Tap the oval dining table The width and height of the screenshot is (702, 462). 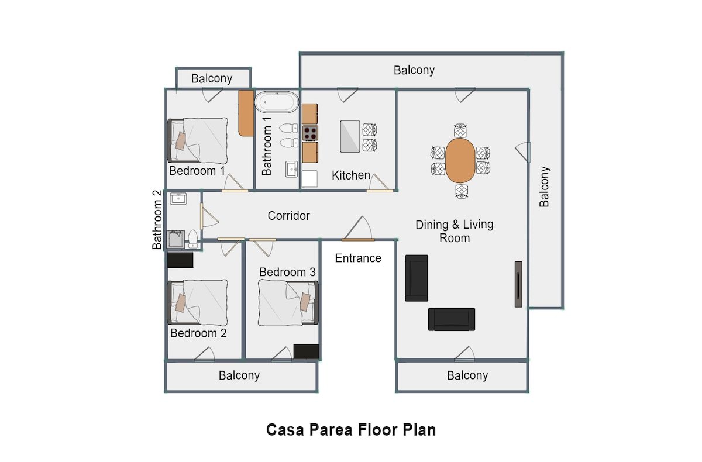(x=460, y=160)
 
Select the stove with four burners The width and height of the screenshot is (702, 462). (x=310, y=133)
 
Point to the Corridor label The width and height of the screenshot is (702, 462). (x=288, y=216)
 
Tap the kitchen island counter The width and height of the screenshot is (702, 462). (x=350, y=136)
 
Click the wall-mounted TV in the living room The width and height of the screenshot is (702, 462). (x=518, y=284)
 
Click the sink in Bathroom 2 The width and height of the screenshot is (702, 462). (x=178, y=199)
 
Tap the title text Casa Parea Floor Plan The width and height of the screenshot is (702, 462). (x=351, y=430)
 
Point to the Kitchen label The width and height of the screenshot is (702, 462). (x=351, y=175)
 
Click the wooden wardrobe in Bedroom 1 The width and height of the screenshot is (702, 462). (x=246, y=112)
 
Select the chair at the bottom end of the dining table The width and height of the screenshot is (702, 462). (x=462, y=191)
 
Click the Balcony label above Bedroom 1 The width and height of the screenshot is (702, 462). (x=212, y=78)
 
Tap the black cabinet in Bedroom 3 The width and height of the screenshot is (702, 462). (x=306, y=351)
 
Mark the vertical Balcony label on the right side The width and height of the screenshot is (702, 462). (x=545, y=187)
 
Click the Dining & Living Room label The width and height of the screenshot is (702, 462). (x=455, y=231)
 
